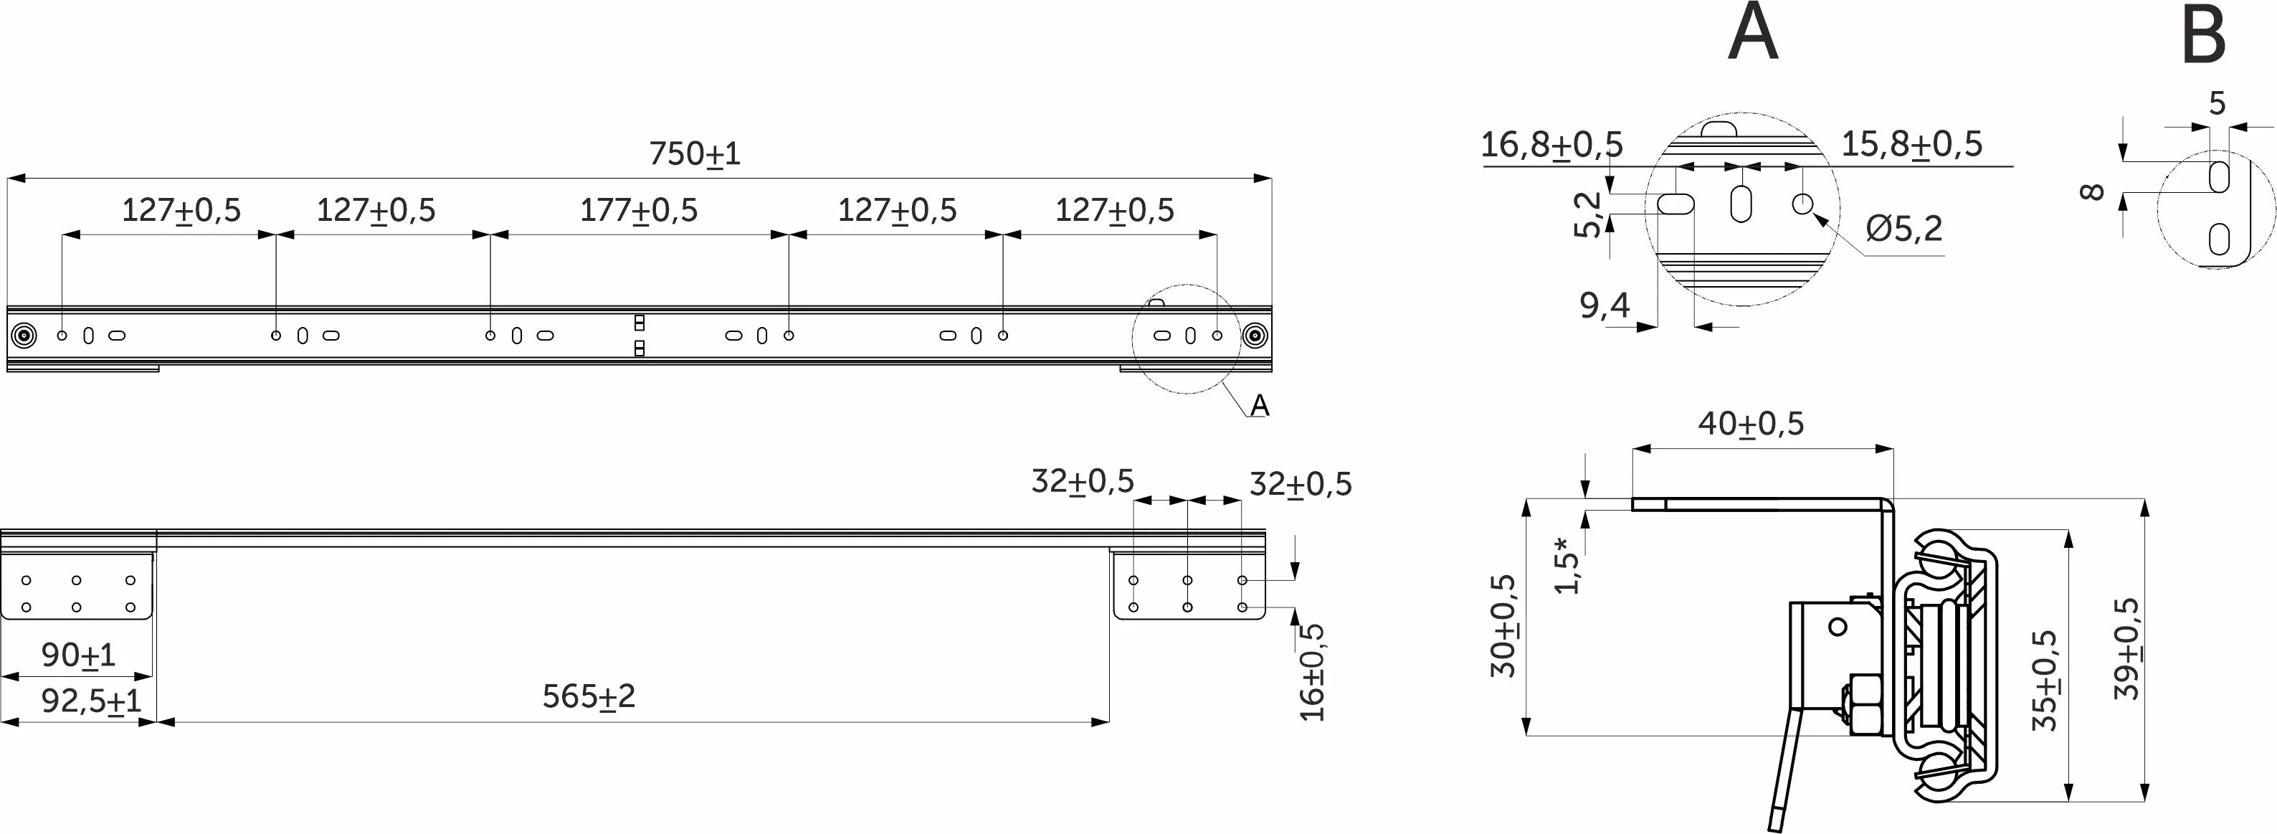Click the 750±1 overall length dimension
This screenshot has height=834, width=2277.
click(x=695, y=154)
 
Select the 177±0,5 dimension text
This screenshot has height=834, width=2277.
click(x=638, y=211)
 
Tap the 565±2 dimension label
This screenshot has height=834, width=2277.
click(x=589, y=697)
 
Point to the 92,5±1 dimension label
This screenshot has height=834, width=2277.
click(x=91, y=701)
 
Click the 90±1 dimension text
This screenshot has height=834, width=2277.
click(x=79, y=655)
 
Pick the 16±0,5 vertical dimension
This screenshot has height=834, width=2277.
click(x=1313, y=672)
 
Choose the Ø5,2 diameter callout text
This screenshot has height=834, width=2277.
click(x=1904, y=229)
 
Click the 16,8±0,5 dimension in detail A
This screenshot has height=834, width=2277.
click(x=1551, y=144)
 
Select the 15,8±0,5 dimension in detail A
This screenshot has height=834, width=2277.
click(x=1912, y=143)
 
